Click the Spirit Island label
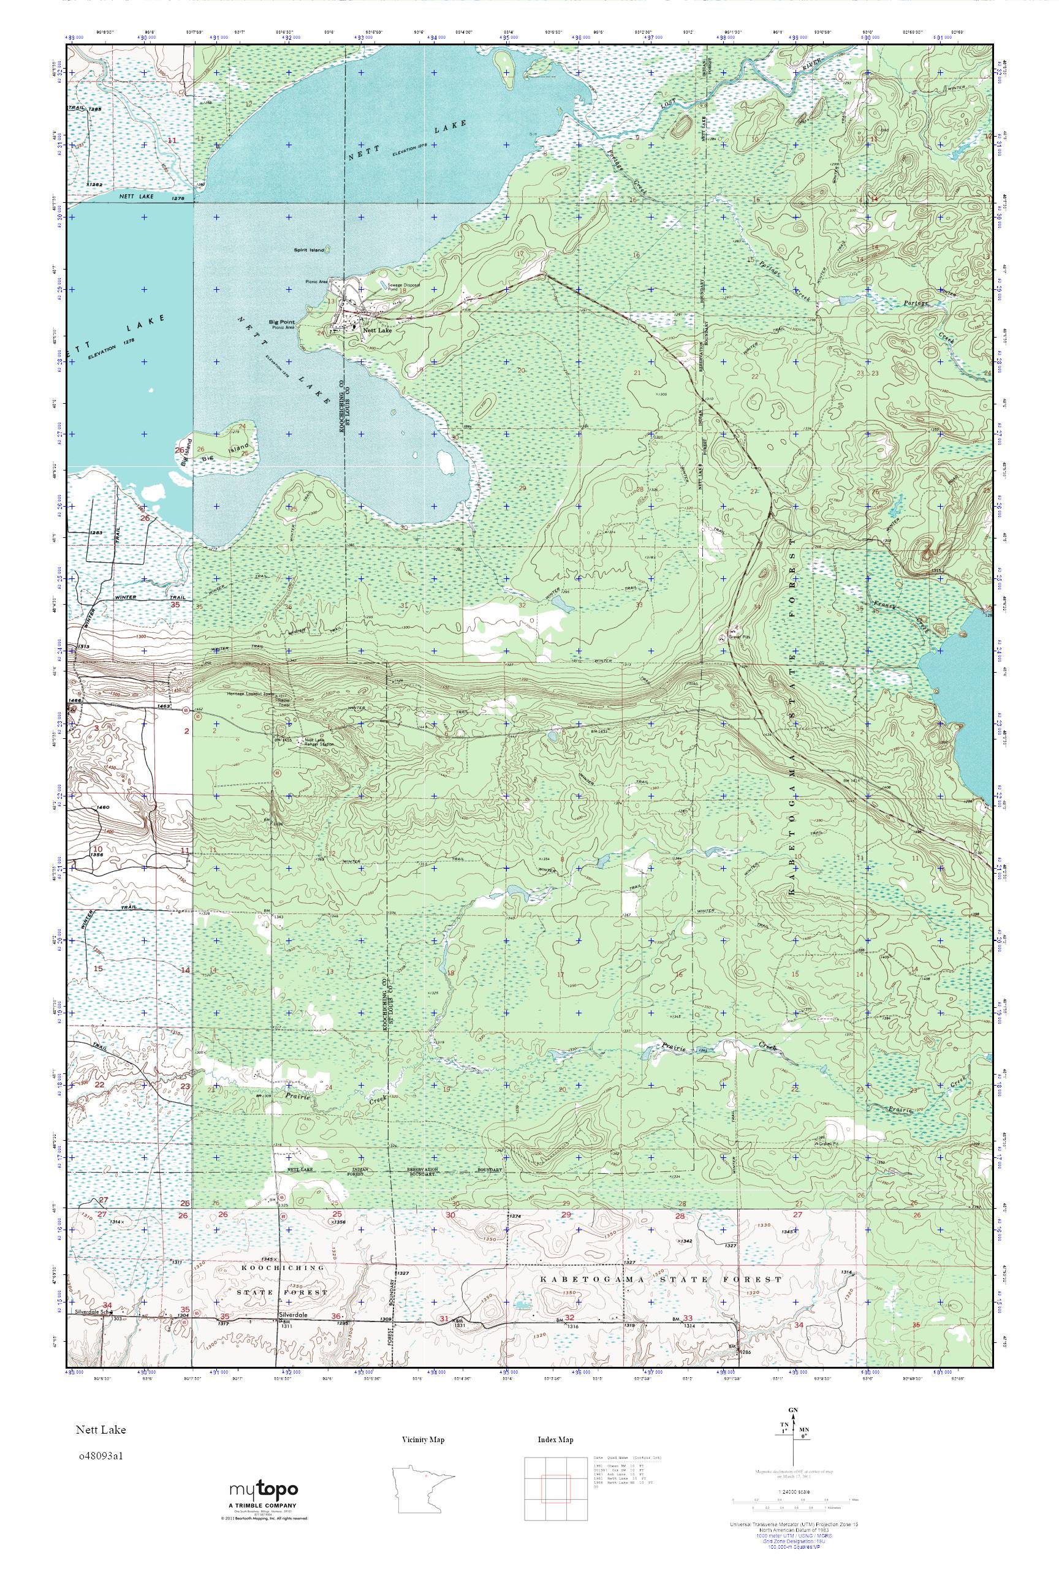click(x=310, y=250)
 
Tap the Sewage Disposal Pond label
click(x=403, y=287)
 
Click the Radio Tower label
click(x=284, y=702)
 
